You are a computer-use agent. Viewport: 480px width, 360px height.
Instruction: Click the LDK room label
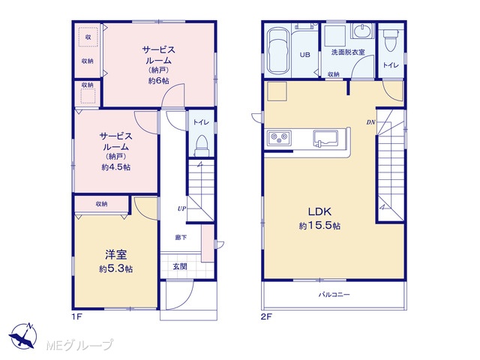pos(319,211)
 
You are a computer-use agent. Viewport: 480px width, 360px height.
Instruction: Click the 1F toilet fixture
pos(202,145)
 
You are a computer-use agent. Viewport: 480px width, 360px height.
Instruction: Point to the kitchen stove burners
pos(280,137)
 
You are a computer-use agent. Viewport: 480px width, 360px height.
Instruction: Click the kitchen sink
pos(325,139)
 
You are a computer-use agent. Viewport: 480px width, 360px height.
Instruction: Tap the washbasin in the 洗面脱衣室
pos(362,31)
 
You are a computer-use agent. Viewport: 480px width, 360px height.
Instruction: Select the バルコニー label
pos(334,295)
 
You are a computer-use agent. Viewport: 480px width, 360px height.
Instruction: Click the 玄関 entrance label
pos(180,267)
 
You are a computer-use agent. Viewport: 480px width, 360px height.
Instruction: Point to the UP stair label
pos(181,208)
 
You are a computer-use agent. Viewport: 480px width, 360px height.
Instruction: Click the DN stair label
pos(370,122)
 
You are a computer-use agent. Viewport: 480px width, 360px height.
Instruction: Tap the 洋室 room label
pos(115,254)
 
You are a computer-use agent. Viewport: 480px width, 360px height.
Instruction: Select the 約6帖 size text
pos(158,80)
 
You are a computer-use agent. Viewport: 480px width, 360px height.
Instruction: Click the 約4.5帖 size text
pos(116,167)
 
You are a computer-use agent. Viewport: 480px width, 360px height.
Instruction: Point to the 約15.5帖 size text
pos(319,226)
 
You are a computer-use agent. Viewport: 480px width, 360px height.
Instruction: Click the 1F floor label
pos(76,316)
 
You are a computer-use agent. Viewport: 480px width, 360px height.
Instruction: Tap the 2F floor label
pos(266,316)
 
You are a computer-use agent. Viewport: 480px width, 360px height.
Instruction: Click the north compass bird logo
pos(23,335)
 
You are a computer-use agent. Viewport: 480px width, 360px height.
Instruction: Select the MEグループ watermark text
pos(79,345)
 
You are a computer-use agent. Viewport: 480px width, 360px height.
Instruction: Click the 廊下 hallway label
pos(181,237)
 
